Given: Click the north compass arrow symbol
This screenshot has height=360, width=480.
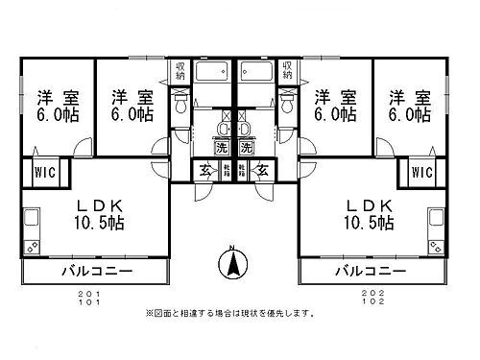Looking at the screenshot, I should coord(232,261).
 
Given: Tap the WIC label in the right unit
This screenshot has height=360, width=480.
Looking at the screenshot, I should coord(422,173).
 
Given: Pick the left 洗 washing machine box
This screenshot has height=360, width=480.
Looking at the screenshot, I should coord(223,149).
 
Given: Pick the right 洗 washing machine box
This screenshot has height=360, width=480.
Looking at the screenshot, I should coord(246,149).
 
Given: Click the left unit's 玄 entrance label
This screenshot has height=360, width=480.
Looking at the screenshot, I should coord(206,171).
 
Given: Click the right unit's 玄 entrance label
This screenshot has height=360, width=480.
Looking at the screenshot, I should coord(261,171).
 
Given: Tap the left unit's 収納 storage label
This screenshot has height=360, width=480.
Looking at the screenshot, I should coord(180,72).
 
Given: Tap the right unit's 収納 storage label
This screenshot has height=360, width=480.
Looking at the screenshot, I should coord(287,72).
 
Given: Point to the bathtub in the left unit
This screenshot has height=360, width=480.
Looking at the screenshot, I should coord(210,74).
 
